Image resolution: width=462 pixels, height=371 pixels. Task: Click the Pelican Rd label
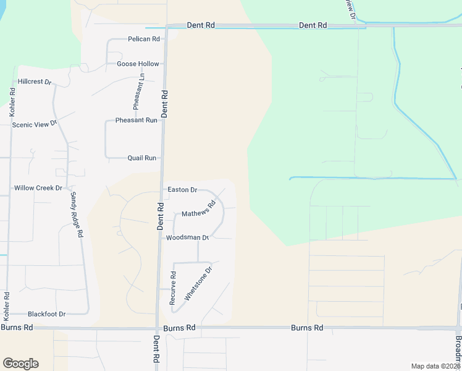(x=143, y=39)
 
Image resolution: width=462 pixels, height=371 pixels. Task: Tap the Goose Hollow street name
(x=138, y=64)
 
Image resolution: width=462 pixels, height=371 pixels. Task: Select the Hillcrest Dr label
(x=35, y=81)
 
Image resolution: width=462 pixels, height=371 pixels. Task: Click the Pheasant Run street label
(x=136, y=120)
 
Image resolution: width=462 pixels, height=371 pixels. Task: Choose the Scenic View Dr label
(x=35, y=124)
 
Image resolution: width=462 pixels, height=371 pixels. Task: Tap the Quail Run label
(x=141, y=158)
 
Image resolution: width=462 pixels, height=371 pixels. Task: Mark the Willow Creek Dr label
(x=38, y=187)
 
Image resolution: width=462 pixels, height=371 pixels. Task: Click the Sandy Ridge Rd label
(x=77, y=215)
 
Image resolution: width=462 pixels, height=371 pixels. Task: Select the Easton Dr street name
(x=182, y=190)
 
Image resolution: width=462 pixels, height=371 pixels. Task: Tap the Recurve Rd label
(x=174, y=288)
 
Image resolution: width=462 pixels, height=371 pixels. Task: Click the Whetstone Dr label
(x=199, y=283)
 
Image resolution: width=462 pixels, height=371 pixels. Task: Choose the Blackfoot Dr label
(x=46, y=314)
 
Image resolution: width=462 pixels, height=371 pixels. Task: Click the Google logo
(x=20, y=364)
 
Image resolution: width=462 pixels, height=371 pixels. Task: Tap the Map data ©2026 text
(x=435, y=366)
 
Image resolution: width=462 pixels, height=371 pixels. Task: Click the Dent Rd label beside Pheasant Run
(x=165, y=103)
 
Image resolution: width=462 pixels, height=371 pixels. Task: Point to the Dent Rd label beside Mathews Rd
(x=159, y=217)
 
